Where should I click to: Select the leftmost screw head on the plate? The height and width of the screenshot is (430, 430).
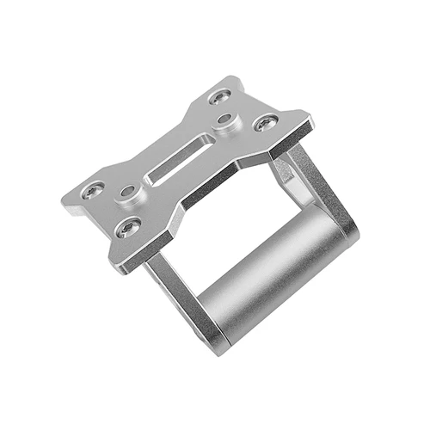click(93, 187)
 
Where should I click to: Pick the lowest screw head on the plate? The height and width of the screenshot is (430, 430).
click(130, 227)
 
